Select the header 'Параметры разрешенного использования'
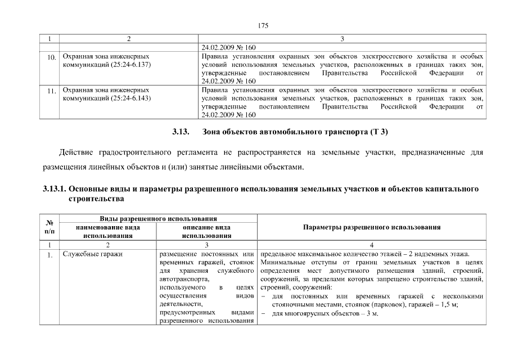[x=371, y=227]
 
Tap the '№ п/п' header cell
[x=49, y=227]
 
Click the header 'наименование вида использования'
[x=107, y=232]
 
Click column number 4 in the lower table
[x=371, y=245]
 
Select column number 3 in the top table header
[x=343, y=39]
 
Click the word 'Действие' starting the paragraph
[x=76, y=152]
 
